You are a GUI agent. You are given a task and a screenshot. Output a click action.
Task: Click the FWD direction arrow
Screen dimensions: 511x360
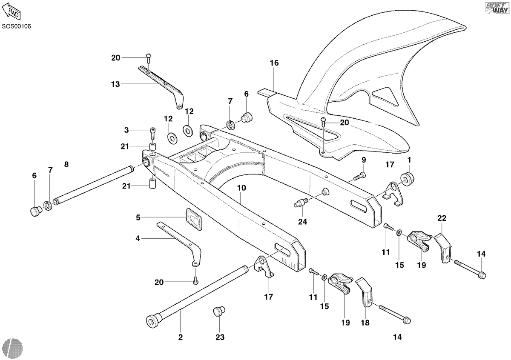point(11,11)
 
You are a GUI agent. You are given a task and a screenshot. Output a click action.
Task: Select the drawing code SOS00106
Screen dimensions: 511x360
point(17,26)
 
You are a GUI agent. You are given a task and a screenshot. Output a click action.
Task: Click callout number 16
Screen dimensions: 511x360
point(274,63)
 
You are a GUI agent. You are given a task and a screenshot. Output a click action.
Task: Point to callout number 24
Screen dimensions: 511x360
point(302,222)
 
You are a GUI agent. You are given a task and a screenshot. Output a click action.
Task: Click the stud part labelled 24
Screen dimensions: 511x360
point(301,202)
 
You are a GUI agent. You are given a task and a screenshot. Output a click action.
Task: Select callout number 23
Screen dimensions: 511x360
point(220,337)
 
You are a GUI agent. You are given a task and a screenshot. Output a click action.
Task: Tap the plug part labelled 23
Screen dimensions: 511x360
point(219,311)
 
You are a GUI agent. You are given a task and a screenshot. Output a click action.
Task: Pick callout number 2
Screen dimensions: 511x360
point(181,337)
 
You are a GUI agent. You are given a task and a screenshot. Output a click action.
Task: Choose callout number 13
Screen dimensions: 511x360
point(115,84)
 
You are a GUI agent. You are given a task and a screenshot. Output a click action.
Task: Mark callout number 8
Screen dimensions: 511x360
point(66,164)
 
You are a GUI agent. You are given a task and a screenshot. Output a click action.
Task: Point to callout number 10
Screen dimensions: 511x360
point(241,188)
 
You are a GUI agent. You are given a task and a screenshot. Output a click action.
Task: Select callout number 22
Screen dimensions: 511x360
point(442,218)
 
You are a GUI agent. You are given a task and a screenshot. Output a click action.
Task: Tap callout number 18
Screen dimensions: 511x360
point(365,323)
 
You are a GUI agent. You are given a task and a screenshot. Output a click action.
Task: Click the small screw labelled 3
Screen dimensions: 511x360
point(152,133)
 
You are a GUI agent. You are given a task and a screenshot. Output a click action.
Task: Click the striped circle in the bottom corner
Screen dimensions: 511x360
point(13,348)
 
